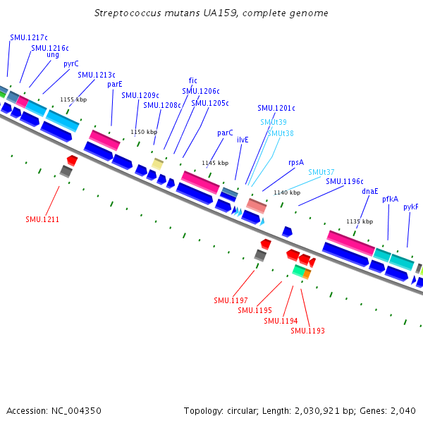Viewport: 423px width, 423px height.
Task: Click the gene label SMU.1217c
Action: [x=29, y=37]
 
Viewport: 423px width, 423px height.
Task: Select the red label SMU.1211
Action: [x=42, y=219]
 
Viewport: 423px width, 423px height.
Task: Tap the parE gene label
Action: [x=115, y=85]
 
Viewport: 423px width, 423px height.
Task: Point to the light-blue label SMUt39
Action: [x=274, y=122]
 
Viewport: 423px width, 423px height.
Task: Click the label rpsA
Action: [x=296, y=163]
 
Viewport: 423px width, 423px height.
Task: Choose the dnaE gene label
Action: [x=370, y=191]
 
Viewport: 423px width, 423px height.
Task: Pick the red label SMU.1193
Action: [x=307, y=331]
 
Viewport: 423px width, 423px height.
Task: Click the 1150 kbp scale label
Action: [x=144, y=132]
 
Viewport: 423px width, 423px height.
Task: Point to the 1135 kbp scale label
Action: [x=360, y=221]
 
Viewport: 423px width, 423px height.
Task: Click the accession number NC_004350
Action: [x=76, y=411]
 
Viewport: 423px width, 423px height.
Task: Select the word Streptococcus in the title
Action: [x=128, y=13]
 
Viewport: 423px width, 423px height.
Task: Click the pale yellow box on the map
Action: [x=157, y=164]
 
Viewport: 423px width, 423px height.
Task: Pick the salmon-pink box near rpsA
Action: [x=257, y=206]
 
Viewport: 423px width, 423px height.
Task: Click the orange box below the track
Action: [x=307, y=274]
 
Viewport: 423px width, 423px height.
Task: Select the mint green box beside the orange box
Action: [x=299, y=271]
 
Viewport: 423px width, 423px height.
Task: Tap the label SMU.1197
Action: [x=231, y=300]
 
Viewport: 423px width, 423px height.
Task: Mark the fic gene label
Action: [x=193, y=80]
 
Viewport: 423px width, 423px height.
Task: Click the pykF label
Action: [x=411, y=207]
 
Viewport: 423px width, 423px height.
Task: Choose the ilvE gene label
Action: [x=243, y=140]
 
